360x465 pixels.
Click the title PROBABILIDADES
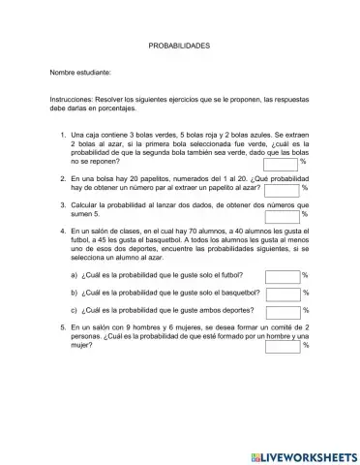point(179,46)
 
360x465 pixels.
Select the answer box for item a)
point(283,275)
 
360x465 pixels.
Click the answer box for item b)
point(283,292)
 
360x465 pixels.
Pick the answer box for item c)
point(283,310)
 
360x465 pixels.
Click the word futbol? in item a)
point(225,275)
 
